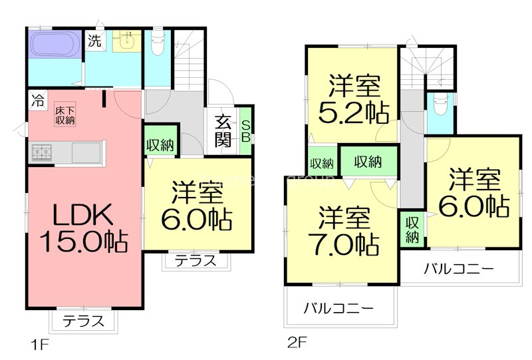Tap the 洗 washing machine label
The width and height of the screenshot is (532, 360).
(x=95, y=41)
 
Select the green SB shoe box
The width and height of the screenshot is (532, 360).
(x=245, y=131)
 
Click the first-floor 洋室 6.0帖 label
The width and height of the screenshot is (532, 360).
(x=199, y=205)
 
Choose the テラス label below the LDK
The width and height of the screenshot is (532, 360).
(x=84, y=321)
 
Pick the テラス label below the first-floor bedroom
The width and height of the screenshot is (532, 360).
(x=196, y=261)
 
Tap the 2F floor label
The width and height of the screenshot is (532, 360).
(x=297, y=344)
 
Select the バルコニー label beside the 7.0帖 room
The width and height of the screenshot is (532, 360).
(x=338, y=309)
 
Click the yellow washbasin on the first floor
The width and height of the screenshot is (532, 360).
(x=124, y=41)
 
